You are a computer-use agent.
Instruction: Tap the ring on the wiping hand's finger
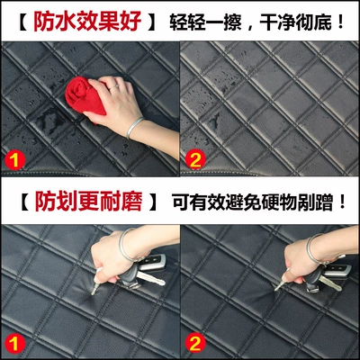[113, 87]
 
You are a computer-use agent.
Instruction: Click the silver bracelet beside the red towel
[134, 128]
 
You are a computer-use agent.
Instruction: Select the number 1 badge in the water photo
[14, 160]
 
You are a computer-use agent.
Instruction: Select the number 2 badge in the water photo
[195, 159]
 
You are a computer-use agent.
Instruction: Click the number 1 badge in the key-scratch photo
[14, 344]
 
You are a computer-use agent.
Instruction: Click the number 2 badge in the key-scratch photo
[195, 344]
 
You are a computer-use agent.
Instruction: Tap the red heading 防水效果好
[87, 22]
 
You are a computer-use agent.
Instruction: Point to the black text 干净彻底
[296, 22]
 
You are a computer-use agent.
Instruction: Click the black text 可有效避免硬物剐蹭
[253, 202]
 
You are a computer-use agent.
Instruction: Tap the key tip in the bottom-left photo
[93, 292]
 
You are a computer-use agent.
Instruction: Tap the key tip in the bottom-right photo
[276, 289]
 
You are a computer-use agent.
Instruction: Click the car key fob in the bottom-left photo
[152, 262]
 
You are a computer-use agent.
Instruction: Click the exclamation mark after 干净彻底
[340, 22]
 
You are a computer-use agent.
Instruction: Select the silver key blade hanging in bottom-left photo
[151, 279]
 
